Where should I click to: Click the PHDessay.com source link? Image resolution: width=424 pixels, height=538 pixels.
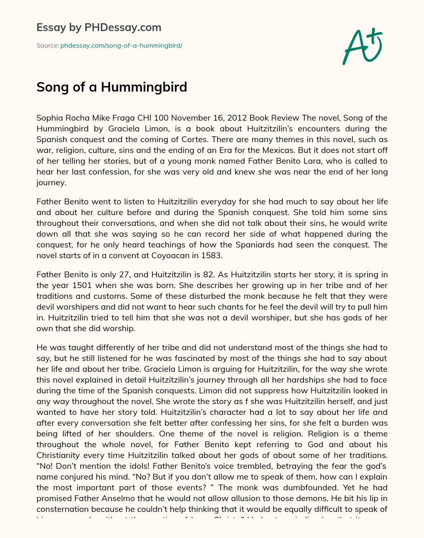(121, 46)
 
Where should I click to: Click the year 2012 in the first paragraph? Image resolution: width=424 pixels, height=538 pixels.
(238, 118)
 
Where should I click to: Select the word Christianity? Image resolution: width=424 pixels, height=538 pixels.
(61, 455)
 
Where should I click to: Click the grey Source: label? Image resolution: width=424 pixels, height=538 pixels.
(47, 46)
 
